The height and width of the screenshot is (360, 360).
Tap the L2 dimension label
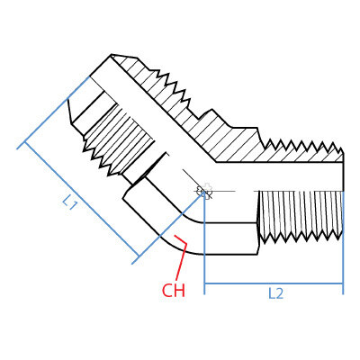[x=277, y=293]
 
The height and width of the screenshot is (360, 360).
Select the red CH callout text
[x=173, y=290]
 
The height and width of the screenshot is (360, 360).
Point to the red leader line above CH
[x=184, y=256]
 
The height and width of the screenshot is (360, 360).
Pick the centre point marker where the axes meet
[x=204, y=192]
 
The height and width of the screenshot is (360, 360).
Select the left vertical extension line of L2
[x=206, y=261]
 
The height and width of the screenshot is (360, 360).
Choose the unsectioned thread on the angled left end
[x=108, y=135]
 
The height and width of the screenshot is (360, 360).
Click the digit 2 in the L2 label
[x=282, y=293]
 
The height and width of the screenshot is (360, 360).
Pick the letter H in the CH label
[x=179, y=290]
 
